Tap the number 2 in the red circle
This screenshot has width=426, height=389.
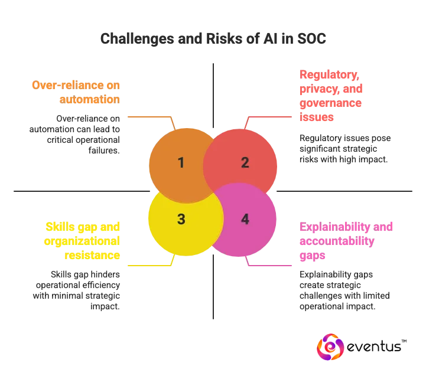(245, 163)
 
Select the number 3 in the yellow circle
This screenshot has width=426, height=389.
(181, 219)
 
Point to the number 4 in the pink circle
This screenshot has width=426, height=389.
(245, 219)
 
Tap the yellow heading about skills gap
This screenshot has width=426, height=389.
(83, 241)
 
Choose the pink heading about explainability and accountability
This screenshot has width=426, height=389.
(346, 241)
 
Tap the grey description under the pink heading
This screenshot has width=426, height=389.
(344, 290)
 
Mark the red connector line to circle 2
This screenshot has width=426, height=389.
(269, 116)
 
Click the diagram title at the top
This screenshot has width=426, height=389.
(213, 39)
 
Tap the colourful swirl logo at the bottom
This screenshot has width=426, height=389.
(330, 348)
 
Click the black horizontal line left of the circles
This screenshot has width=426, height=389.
(77, 191)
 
